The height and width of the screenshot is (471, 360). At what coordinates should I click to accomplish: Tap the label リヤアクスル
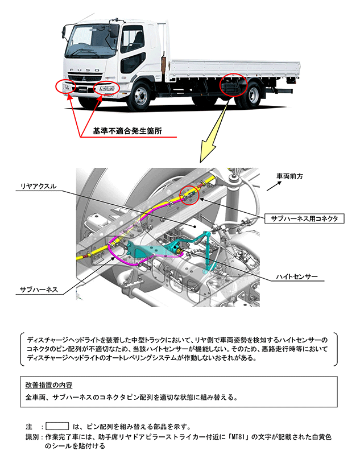(x=34, y=187)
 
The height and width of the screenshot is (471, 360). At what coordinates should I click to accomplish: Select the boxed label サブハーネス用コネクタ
(x=304, y=218)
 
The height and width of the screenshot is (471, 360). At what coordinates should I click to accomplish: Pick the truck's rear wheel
(x=250, y=96)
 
